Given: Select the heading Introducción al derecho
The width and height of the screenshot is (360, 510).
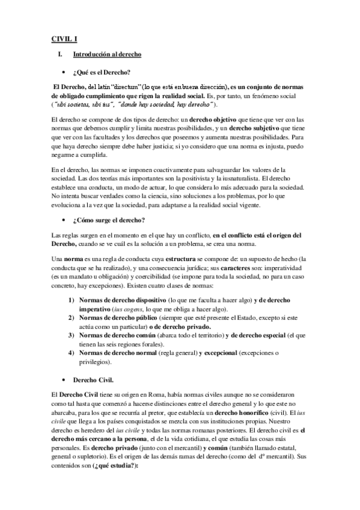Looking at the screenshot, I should (107, 55).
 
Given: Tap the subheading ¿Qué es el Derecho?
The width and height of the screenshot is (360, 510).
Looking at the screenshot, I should (97, 72).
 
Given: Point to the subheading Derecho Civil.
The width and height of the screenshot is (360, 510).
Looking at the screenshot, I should (91, 380).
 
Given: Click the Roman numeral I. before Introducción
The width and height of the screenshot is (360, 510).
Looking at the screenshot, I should (59, 55).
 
